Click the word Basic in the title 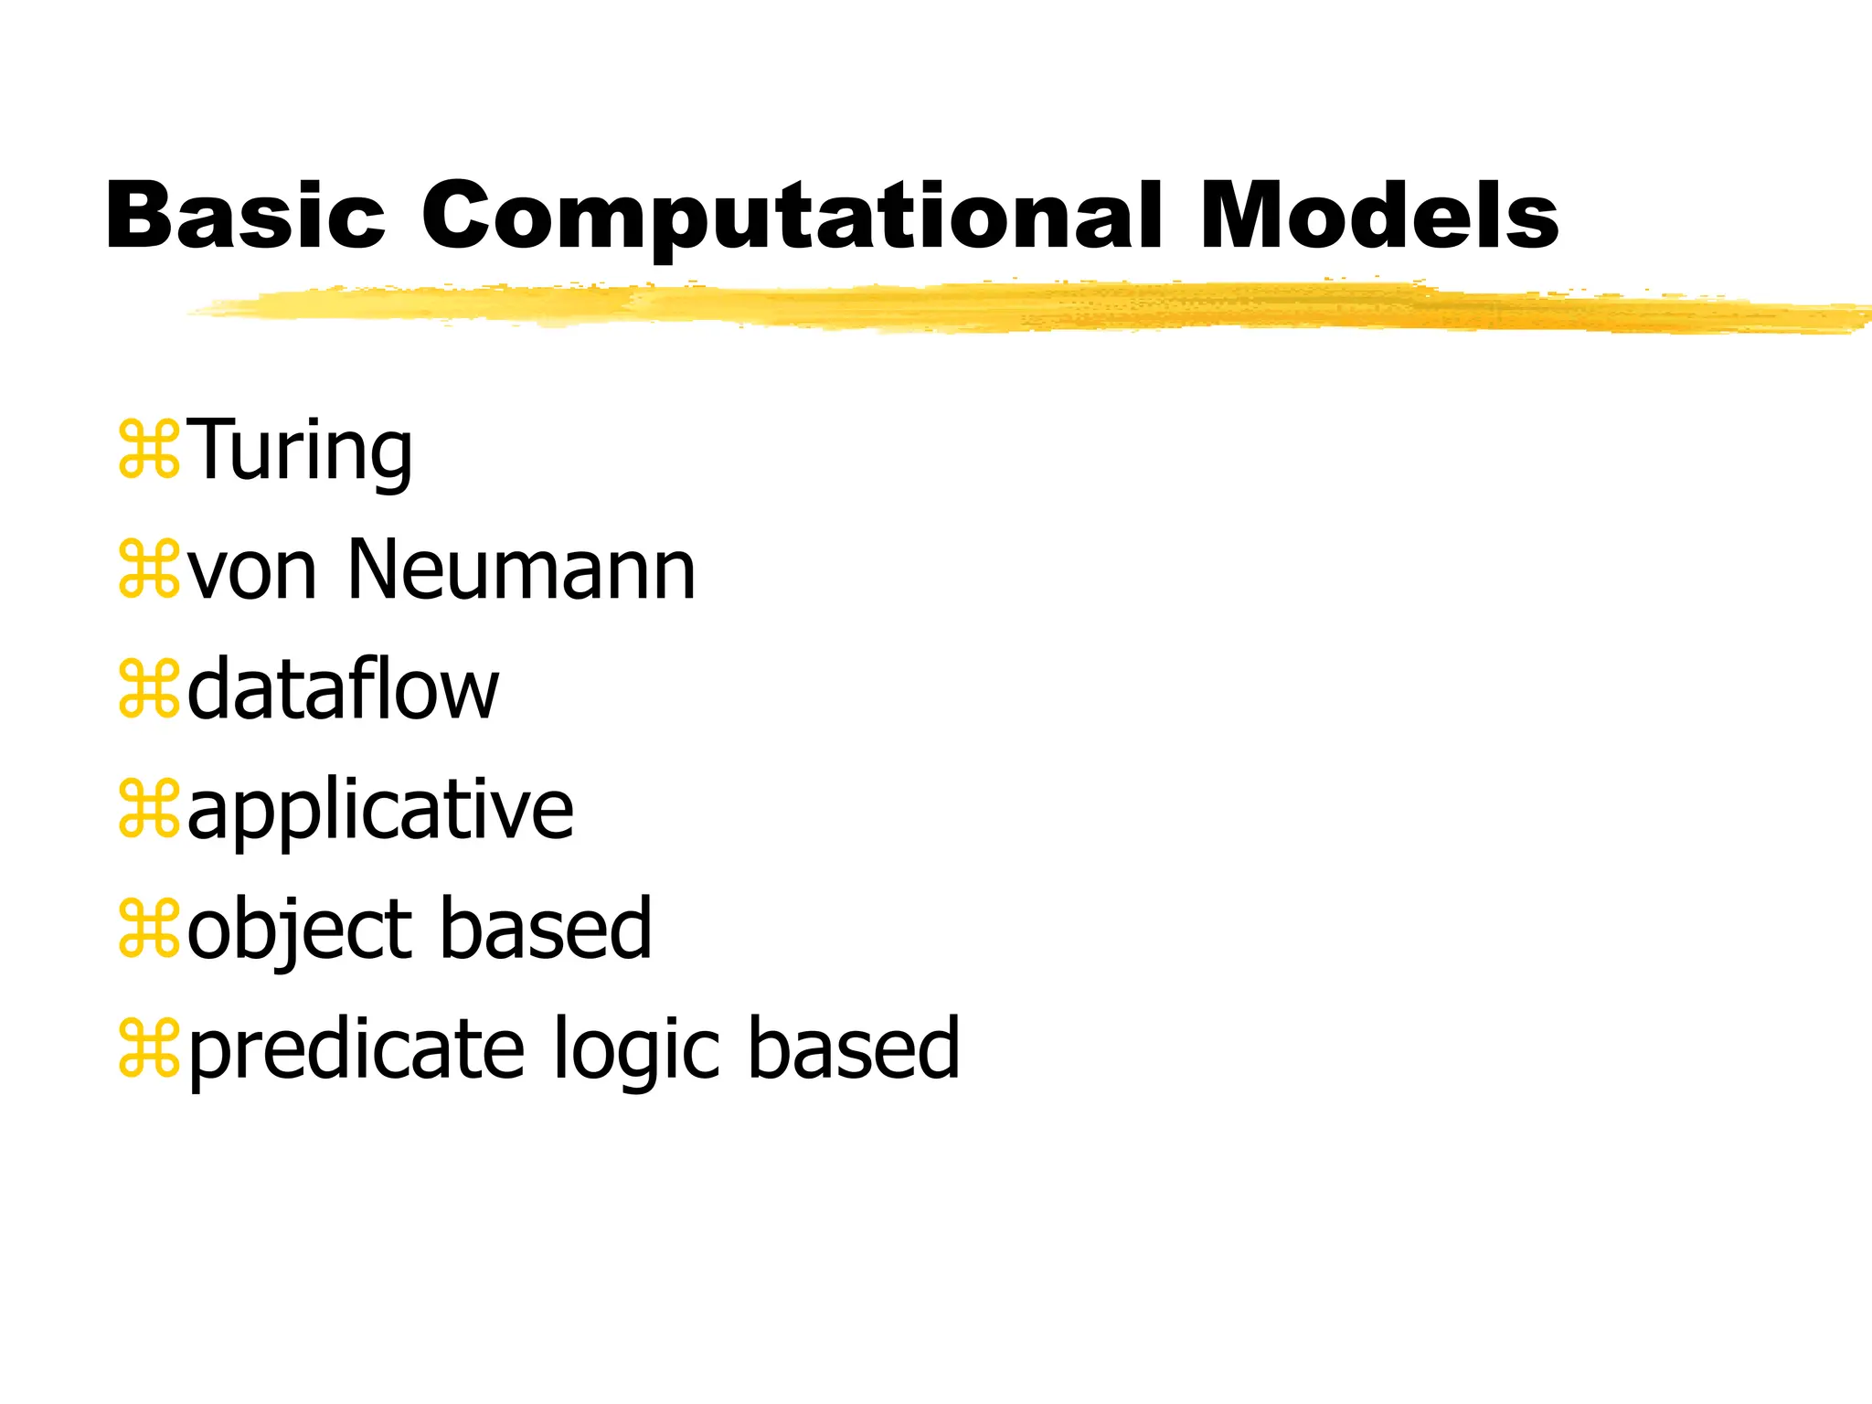pos(245,216)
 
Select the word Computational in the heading pos(791,218)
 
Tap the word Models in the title pos(1378,216)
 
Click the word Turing pos(301,451)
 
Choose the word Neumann pos(521,570)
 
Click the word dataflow pos(343,690)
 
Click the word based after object pos(547,929)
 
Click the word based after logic pos(854,1048)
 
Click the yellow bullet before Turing pos(148,451)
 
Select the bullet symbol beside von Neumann pos(148,570)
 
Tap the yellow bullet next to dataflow pos(148,690)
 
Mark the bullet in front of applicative pos(148,810)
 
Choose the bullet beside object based pos(148,930)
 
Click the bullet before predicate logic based pos(148,1049)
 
